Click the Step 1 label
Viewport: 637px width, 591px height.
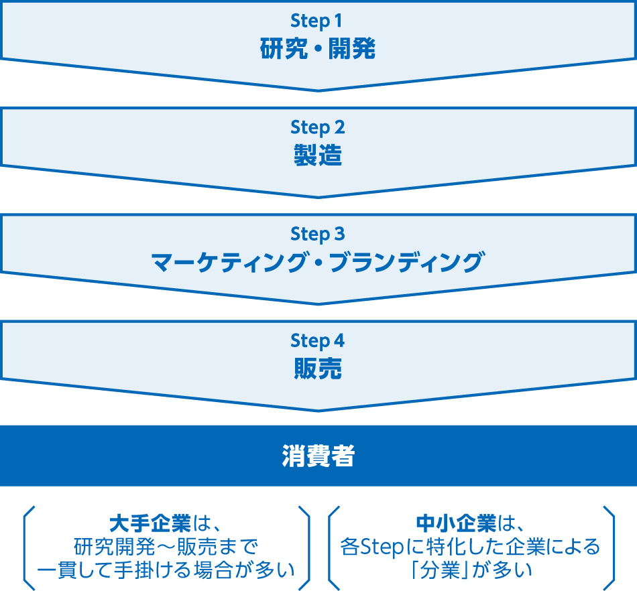(318, 21)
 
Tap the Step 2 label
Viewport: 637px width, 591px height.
(318, 127)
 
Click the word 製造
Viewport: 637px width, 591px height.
(318, 155)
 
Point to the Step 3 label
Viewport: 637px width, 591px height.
(318, 234)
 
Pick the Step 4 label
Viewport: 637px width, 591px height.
(318, 340)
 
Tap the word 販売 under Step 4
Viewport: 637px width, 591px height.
(318, 369)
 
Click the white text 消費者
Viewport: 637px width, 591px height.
(318, 456)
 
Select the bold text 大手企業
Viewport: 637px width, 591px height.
(150, 523)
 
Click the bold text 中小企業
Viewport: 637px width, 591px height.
(455, 523)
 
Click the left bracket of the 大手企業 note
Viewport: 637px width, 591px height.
(27, 545)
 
